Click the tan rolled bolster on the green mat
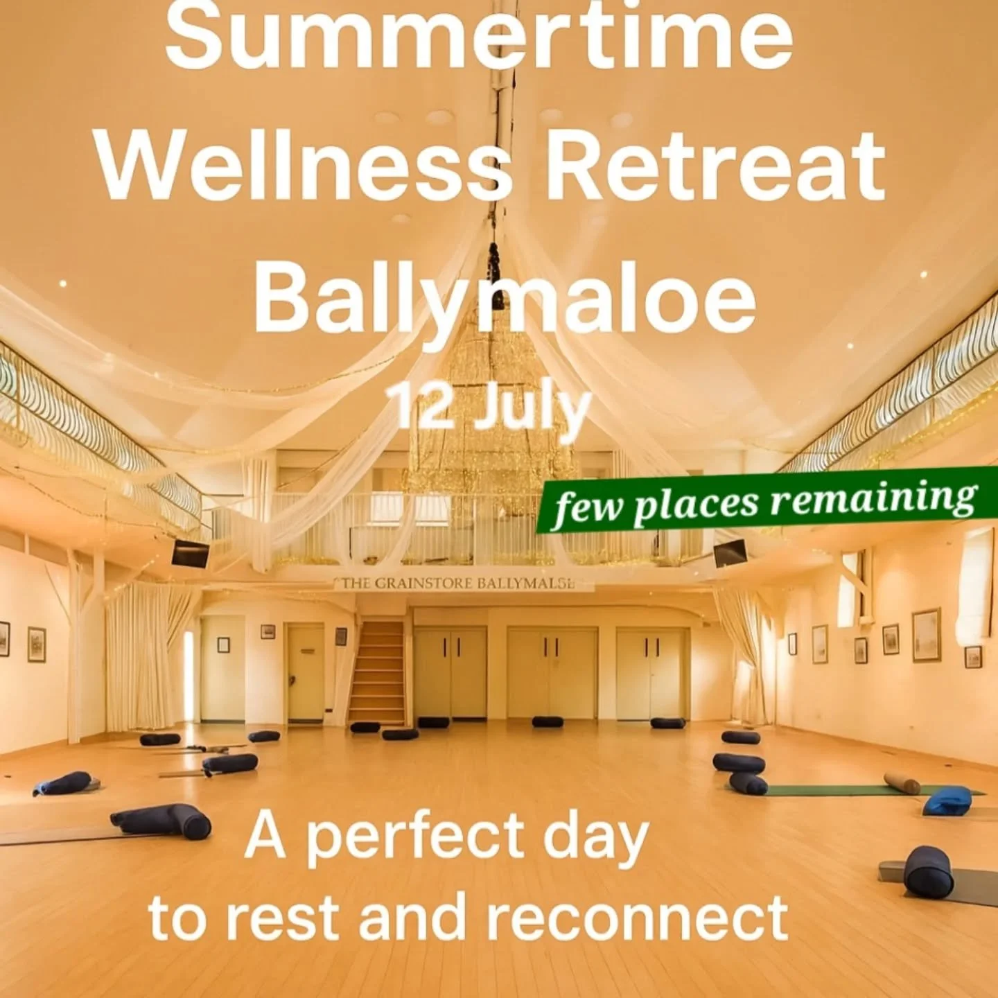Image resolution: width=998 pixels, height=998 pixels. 902,783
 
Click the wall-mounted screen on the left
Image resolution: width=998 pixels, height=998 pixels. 191,553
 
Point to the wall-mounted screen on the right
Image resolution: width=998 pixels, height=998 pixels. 730,552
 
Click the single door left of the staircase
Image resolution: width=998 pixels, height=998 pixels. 306,672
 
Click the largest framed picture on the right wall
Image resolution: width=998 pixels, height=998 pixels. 926,635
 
